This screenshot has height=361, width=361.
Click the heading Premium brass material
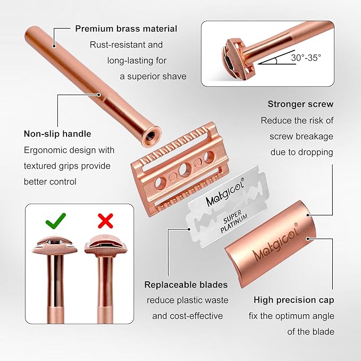tap(126, 29)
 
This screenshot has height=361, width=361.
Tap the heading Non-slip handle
tap(57, 133)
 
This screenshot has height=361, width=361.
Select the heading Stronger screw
tap(300, 104)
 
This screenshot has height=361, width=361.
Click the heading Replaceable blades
tap(186, 284)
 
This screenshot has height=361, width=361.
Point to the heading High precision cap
tap(294, 300)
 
